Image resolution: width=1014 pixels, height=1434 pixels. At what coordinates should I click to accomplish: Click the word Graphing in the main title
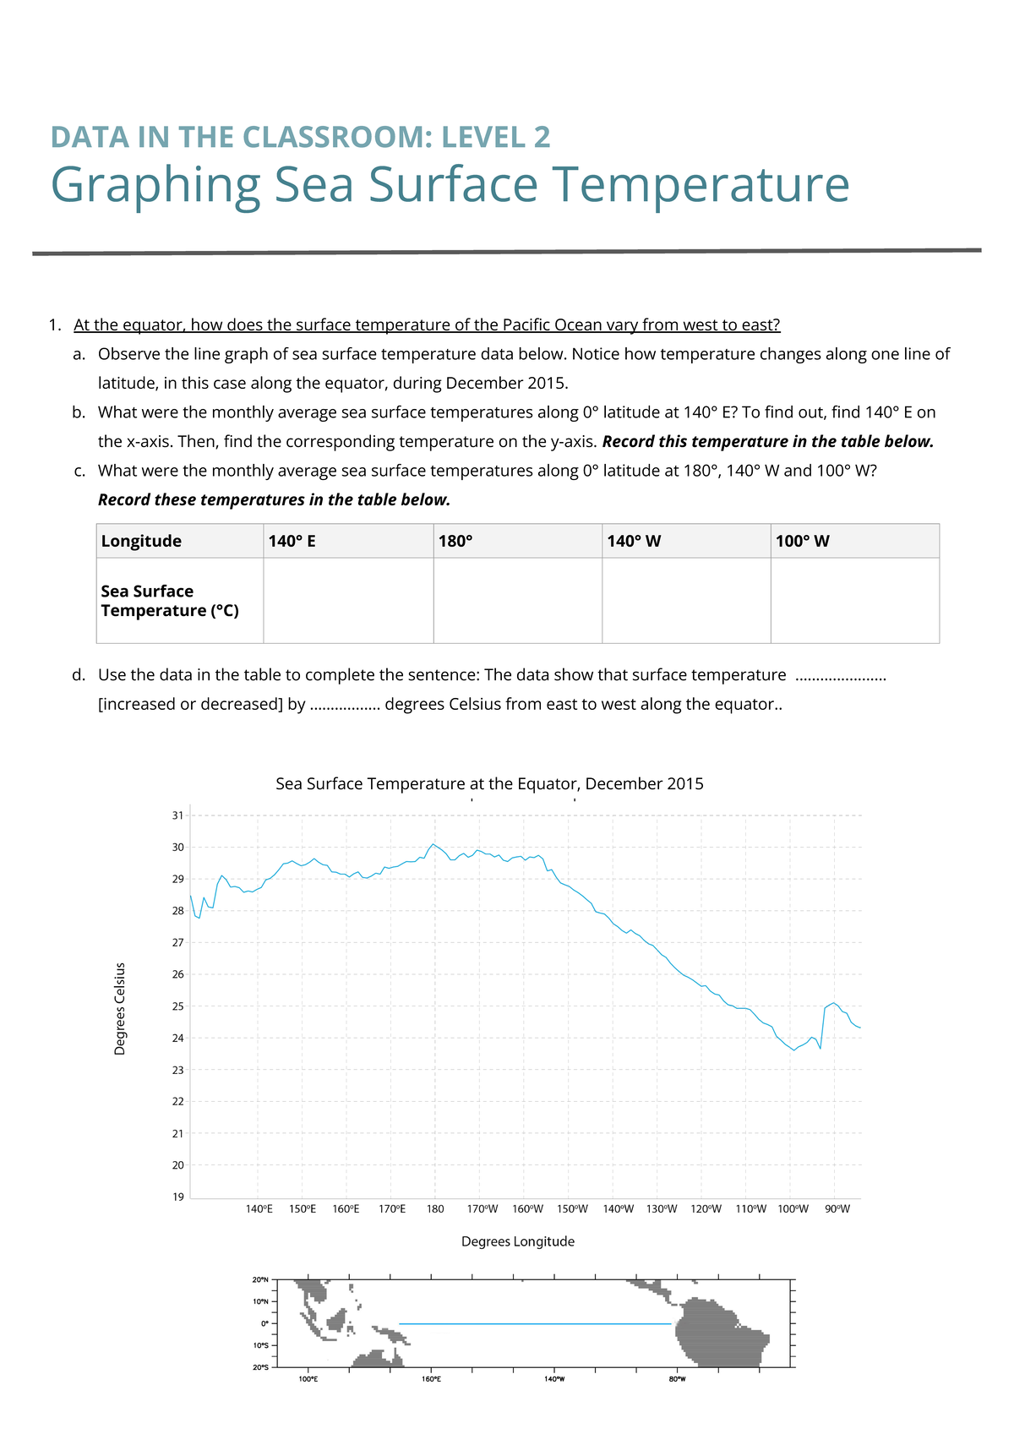point(155,184)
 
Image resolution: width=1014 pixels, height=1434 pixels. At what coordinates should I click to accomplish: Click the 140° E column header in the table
point(292,541)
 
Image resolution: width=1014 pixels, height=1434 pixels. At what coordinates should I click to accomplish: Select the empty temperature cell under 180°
point(517,600)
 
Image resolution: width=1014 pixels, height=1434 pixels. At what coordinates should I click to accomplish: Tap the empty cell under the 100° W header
point(854,600)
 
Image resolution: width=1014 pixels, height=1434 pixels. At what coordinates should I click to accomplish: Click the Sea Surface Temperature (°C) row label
point(169,601)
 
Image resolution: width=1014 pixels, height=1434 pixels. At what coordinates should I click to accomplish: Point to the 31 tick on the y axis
point(177,815)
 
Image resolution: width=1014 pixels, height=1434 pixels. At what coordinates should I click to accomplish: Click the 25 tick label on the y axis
point(177,1006)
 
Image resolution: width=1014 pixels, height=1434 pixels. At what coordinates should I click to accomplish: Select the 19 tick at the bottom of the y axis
point(177,1197)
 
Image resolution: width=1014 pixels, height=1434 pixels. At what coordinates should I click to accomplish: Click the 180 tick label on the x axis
point(435,1209)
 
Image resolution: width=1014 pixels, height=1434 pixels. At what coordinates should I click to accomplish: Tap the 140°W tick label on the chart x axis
point(618,1209)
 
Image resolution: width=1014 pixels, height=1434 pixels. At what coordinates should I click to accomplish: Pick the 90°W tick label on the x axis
point(837,1209)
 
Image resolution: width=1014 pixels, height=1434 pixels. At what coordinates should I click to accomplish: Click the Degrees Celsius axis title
point(120,1008)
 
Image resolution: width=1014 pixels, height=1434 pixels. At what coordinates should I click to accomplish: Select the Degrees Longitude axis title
point(517,1241)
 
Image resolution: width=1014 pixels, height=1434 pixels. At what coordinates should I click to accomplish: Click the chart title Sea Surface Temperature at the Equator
point(489,784)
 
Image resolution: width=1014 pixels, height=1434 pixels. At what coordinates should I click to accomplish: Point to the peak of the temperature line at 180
point(433,844)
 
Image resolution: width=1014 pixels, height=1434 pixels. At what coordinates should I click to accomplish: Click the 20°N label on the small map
point(260,1279)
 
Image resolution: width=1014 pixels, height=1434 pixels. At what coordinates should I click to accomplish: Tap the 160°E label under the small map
point(431,1379)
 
